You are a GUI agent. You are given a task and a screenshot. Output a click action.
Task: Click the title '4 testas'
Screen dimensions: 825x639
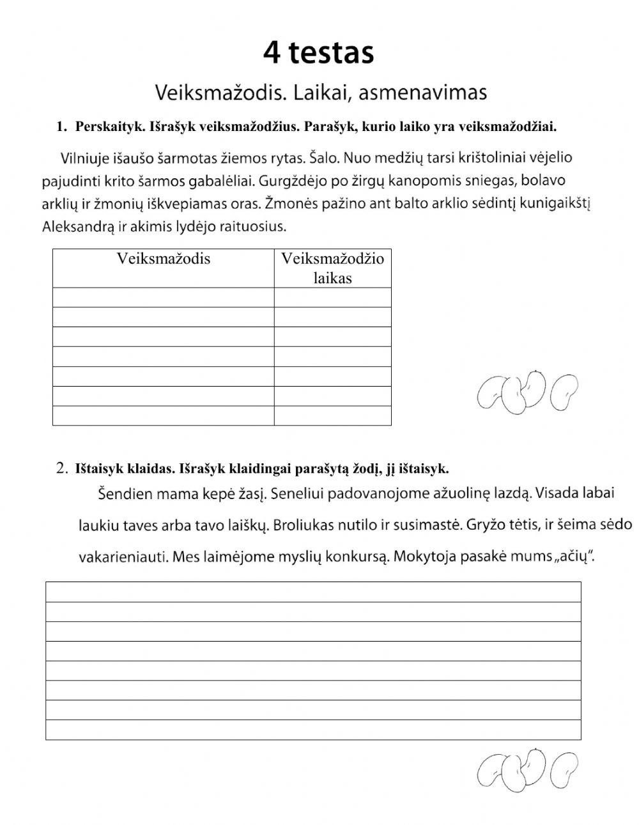(x=318, y=53)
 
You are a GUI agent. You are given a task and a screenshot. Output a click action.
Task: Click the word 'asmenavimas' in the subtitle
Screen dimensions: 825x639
(x=422, y=93)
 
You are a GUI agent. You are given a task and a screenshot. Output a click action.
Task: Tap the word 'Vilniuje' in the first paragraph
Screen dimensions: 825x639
(x=86, y=157)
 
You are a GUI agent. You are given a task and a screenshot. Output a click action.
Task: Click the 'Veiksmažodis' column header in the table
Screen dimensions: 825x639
(x=163, y=259)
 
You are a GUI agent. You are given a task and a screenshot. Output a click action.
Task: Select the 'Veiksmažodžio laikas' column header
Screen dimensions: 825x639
(x=332, y=268)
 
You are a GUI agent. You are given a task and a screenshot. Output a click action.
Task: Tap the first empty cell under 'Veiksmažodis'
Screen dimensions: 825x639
(x=163, y=298)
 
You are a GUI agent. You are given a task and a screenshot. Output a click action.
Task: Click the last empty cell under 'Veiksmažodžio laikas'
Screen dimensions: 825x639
(x=332, y=416)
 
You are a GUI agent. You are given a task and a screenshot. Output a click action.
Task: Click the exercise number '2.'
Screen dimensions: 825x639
(x=63, y=468)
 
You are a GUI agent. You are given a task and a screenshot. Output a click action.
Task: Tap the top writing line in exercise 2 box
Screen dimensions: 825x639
(x=313, y=592)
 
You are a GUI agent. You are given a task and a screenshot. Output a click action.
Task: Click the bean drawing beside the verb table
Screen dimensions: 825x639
(x=527, y=391)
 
